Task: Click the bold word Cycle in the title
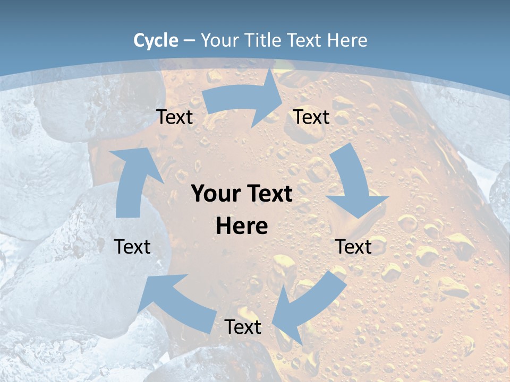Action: (x=156, y=40)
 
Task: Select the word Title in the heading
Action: (x=265, y=40)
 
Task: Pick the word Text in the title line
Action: (x=305, y=40)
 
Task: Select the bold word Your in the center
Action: (x=214, y=194)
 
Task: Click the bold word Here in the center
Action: (x=242, y=226)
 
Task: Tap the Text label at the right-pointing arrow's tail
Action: (x=174, y=117)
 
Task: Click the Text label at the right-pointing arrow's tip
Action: (x=311, y=117)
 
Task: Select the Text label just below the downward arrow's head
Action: (x=353, y=247)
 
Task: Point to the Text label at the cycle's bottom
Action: (x=243, y=327)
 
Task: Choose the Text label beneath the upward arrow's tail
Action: (x=132, y=247)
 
